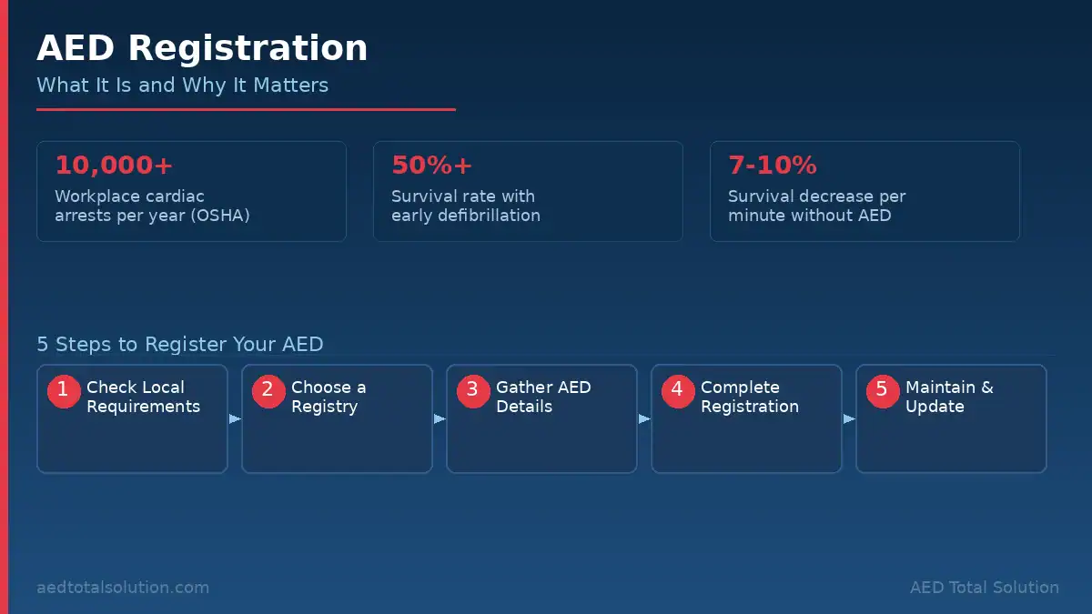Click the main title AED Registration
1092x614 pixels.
[x=202, y=48]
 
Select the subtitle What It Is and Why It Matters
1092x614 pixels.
[x=182, y=86]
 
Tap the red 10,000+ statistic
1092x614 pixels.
[x=114, y=165]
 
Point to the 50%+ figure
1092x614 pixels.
[x=431, y=165]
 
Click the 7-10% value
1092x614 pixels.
[x=773, y=165]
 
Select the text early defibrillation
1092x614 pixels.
[x=466, y=216]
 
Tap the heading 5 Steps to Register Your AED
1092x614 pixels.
[x=180, y=344]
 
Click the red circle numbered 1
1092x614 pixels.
[x=64, y=391]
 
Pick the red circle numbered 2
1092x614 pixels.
[x=268, y=391]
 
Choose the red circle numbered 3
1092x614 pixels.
[x=473, y=391]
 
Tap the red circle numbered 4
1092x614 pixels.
[x=678, y=391]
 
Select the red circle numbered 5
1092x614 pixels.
[x=883, y=391]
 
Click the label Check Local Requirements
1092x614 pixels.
[x=144, y=397]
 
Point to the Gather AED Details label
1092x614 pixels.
[x=543, y=397]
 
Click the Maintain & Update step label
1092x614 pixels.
[x=949, y=397]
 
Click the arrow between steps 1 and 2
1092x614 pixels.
[x=235, y=418]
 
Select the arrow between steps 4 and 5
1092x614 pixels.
[x=849, y=418]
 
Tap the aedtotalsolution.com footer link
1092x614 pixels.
[x=123, y=588]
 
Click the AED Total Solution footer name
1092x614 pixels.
[x=985, y=588]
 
